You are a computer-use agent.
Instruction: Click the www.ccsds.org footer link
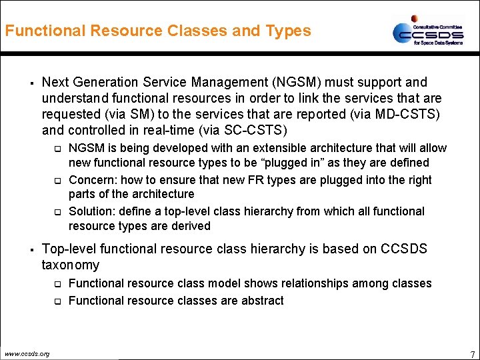click(x=27, y=353)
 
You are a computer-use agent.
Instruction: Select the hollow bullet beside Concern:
click(x=58, y=181)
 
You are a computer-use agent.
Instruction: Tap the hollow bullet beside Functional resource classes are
click(x=58, y=301)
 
